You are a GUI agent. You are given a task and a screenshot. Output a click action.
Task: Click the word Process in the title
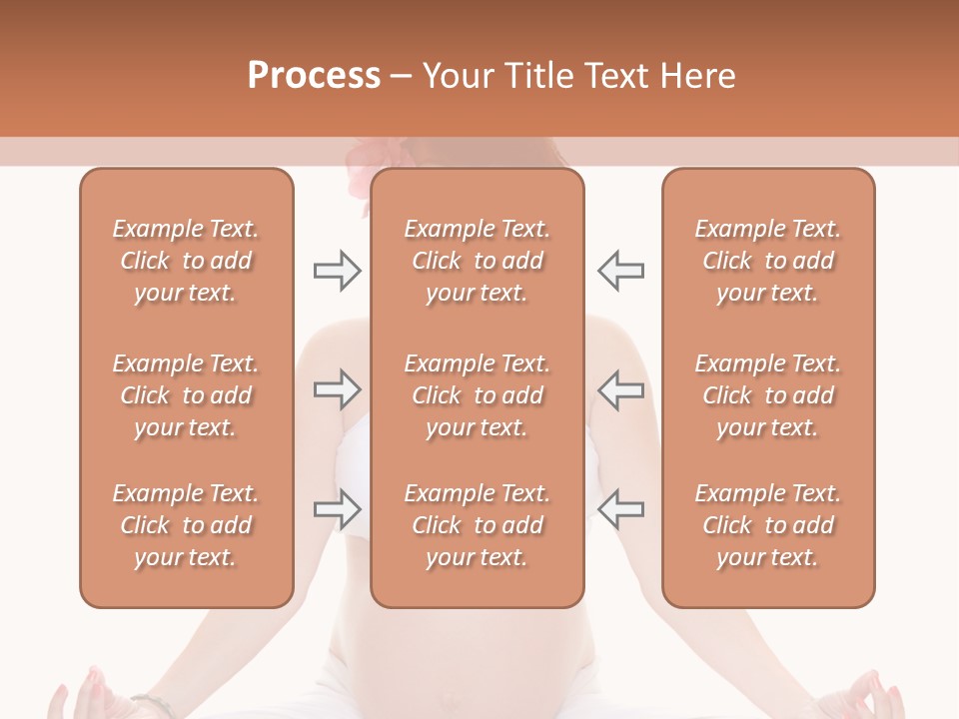[314, 76]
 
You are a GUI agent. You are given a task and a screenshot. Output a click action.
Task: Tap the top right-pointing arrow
[337, 270]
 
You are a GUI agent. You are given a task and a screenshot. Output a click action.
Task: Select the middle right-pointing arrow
[337, 389]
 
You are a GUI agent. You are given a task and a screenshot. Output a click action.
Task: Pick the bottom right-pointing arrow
[337, 508]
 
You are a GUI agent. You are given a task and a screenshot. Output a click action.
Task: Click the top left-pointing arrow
[621, 270]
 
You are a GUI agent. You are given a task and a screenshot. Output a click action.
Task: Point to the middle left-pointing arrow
[621, 389]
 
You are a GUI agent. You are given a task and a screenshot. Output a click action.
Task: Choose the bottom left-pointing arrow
[621, 508]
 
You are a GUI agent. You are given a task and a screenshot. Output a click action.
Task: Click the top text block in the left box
[186, 261]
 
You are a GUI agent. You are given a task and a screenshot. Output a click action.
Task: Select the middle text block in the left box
[186, 395]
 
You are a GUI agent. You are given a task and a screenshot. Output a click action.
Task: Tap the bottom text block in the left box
[186, 525]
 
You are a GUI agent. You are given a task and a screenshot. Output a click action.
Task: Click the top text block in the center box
[477, 261]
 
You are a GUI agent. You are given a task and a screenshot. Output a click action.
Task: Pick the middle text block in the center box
[477, 395]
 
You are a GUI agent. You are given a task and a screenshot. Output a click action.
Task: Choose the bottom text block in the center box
[477, 525]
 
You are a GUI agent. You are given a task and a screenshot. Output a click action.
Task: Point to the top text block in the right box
[767, 261]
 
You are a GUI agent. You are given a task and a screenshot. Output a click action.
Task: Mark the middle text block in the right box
[767, 395]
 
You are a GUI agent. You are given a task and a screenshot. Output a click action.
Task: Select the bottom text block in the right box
[767, 525]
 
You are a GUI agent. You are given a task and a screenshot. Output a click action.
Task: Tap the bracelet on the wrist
[152, 702]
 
